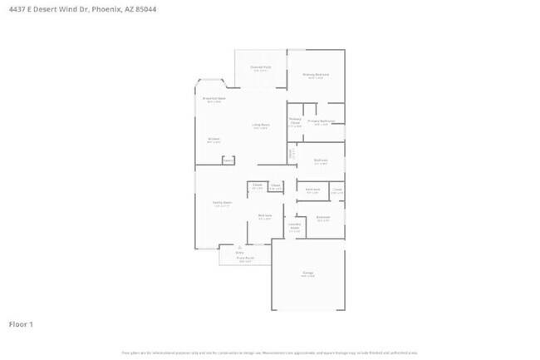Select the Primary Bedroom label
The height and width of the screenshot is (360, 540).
(x=316, y=75)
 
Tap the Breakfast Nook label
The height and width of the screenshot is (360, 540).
(x=214, y=99)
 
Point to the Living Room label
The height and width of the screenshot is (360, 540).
(x=260, y=126)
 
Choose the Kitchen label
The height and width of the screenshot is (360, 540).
(x=214, y=139)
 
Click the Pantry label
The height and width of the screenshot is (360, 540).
(x=228, y=160)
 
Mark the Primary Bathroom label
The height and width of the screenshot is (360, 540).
(x=321, y=121)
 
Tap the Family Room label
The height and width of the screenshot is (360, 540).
(x=222, y=203)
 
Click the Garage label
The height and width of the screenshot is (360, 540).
(x=307, y=274)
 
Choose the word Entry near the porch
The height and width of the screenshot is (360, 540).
(x=239, y=253)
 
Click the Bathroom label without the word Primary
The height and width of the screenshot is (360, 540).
(x=312, y=190)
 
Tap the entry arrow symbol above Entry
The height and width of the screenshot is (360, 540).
(x=239, y=247)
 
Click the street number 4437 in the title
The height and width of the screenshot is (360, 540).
(x=17, y=10)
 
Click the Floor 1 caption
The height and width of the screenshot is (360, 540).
(x=21, y=323)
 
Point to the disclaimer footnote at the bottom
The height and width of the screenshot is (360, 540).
(x=270, y=353)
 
